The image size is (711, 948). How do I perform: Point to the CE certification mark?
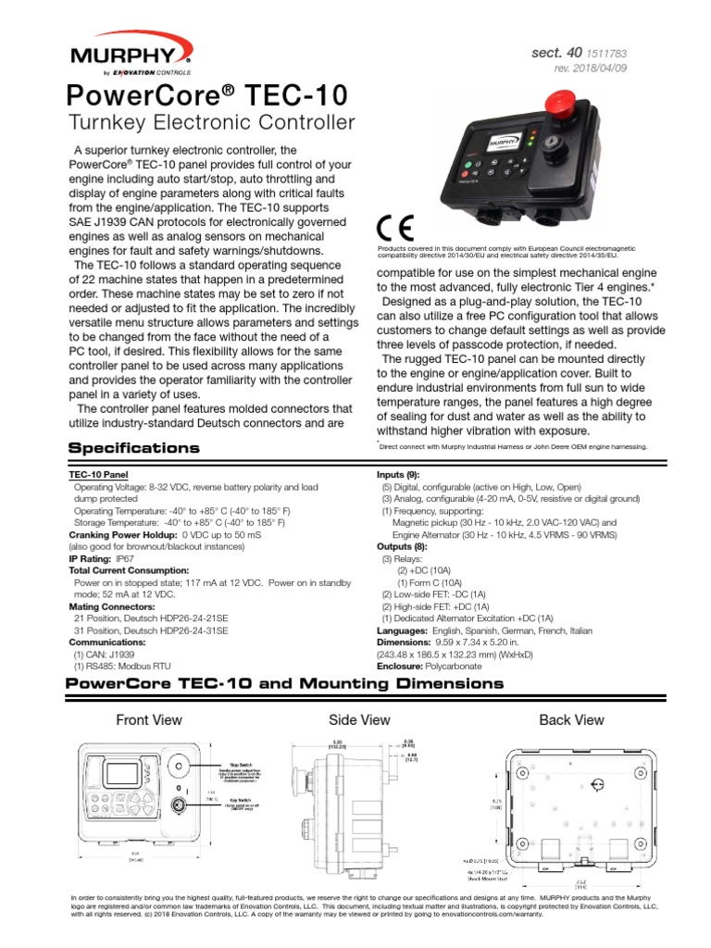click(395, 228)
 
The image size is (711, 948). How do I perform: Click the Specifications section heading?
click(134, 448)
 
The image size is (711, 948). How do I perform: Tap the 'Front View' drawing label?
click(148, 719)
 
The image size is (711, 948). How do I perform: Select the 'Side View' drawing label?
click(359, 719)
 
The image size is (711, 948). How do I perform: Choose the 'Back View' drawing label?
click(571, 719)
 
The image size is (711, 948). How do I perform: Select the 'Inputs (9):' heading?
click(399, 474)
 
